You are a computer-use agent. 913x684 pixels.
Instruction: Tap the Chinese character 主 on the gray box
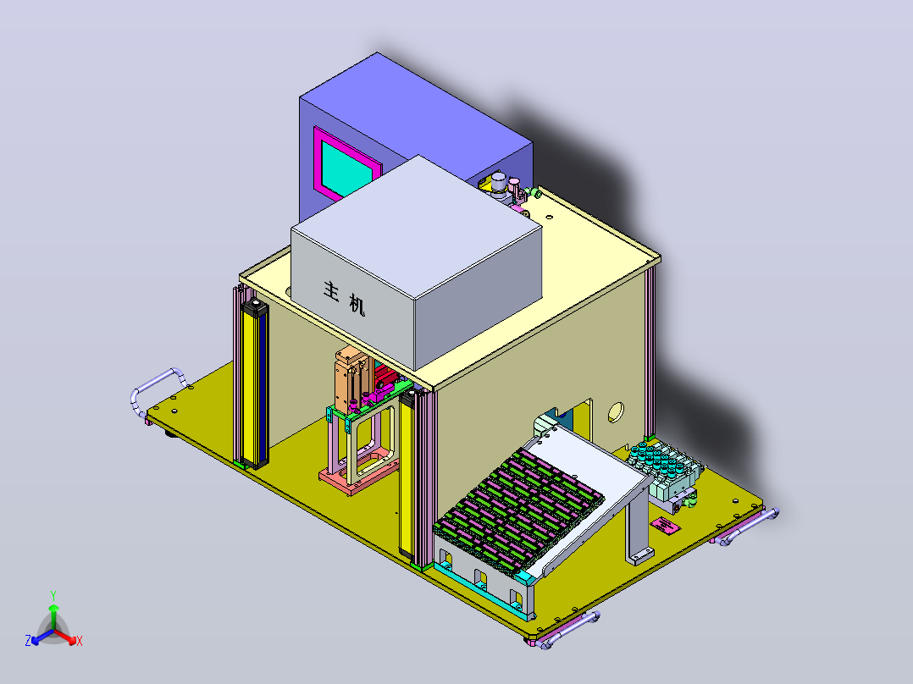pos(331,290)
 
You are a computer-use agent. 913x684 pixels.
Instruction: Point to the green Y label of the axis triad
pos(53,595)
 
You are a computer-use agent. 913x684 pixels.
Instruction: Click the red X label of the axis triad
pos(80,641)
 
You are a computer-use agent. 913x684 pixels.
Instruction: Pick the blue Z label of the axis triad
pos(28,641)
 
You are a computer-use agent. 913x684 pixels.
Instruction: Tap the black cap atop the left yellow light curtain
pos(254,307)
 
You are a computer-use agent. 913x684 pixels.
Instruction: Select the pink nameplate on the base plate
pos(665,525)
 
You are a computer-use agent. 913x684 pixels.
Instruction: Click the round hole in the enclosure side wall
pos(616,412)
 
